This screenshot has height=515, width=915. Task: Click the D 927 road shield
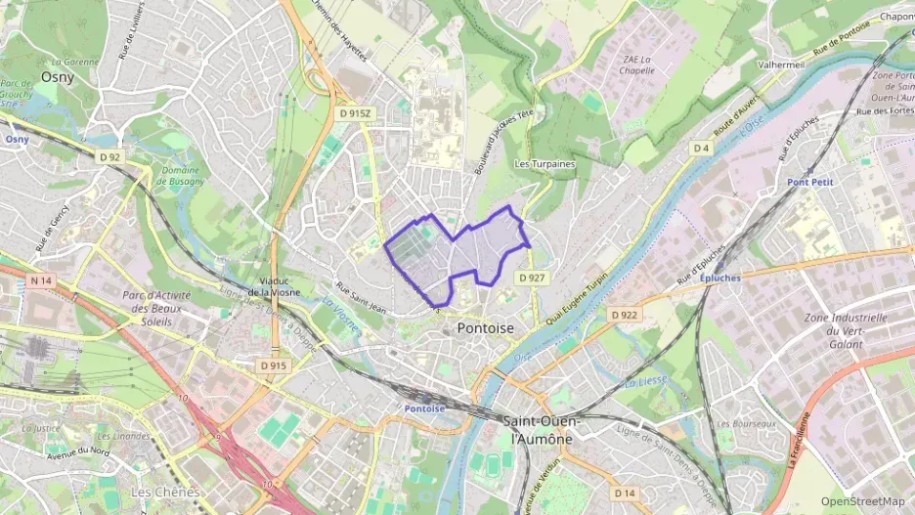click(531, 279)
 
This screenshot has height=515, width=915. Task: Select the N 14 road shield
click(40, 281)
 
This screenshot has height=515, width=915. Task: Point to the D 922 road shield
click(624, 315)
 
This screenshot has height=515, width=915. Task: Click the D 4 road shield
click(700, 148)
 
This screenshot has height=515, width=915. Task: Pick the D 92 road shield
click(109, 156)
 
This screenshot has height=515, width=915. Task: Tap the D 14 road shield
click(626, 493)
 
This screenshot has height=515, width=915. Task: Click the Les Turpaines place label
click(545, 164)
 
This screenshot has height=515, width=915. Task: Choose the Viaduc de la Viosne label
click(274, 286)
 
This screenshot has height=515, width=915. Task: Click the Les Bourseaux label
click(746, 424)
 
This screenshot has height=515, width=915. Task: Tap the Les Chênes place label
click(164, 492)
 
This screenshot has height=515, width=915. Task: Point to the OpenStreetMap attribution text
click(862, 501)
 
